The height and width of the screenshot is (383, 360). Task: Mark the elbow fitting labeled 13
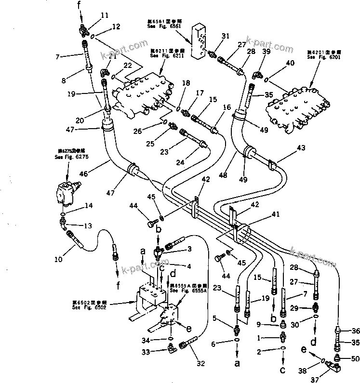[x=62, y=222]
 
